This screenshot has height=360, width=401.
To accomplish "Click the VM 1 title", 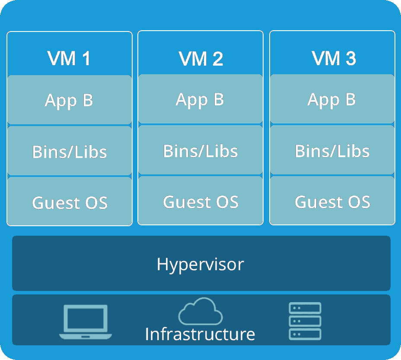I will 69,58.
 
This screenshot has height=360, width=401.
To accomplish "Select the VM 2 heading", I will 200,58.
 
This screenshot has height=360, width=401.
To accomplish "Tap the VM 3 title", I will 333,58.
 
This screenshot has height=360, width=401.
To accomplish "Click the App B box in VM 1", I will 69,100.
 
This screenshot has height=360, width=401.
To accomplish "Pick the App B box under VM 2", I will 200,99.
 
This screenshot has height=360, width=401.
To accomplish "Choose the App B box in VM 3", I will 332,99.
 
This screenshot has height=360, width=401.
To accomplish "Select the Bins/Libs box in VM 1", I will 69,151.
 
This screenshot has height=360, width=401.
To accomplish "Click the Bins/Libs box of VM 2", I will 200,150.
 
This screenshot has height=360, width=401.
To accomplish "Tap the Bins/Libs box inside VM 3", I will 332,150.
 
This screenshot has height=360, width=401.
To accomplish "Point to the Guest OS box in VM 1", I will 69,202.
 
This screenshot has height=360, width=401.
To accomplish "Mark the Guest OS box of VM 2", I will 200,201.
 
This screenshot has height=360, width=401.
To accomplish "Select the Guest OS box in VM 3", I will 332,201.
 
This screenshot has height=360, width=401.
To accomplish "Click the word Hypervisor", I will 200,264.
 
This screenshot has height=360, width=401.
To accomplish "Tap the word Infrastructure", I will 200,334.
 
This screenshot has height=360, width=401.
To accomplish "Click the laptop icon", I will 86,322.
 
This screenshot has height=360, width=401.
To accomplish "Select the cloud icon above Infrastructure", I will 200,311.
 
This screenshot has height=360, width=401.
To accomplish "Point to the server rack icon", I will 305,321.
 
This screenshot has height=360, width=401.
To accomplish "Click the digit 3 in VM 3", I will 350,58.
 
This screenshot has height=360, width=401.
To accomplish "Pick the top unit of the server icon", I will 305,308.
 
